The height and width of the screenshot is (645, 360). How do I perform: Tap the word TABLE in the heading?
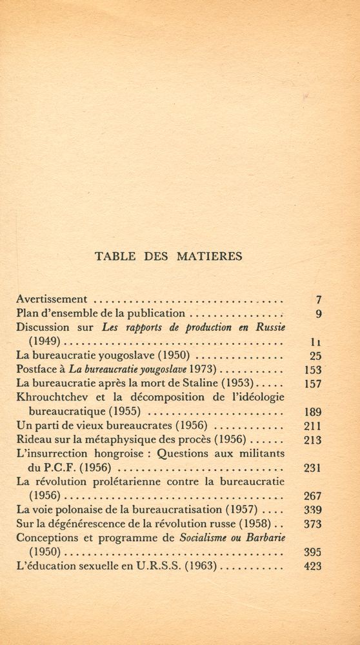click(115, 256)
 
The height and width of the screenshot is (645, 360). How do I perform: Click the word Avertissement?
click(52, 299)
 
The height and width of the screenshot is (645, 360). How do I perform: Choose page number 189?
click(312, 412)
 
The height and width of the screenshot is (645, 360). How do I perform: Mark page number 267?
click(312, 496)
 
